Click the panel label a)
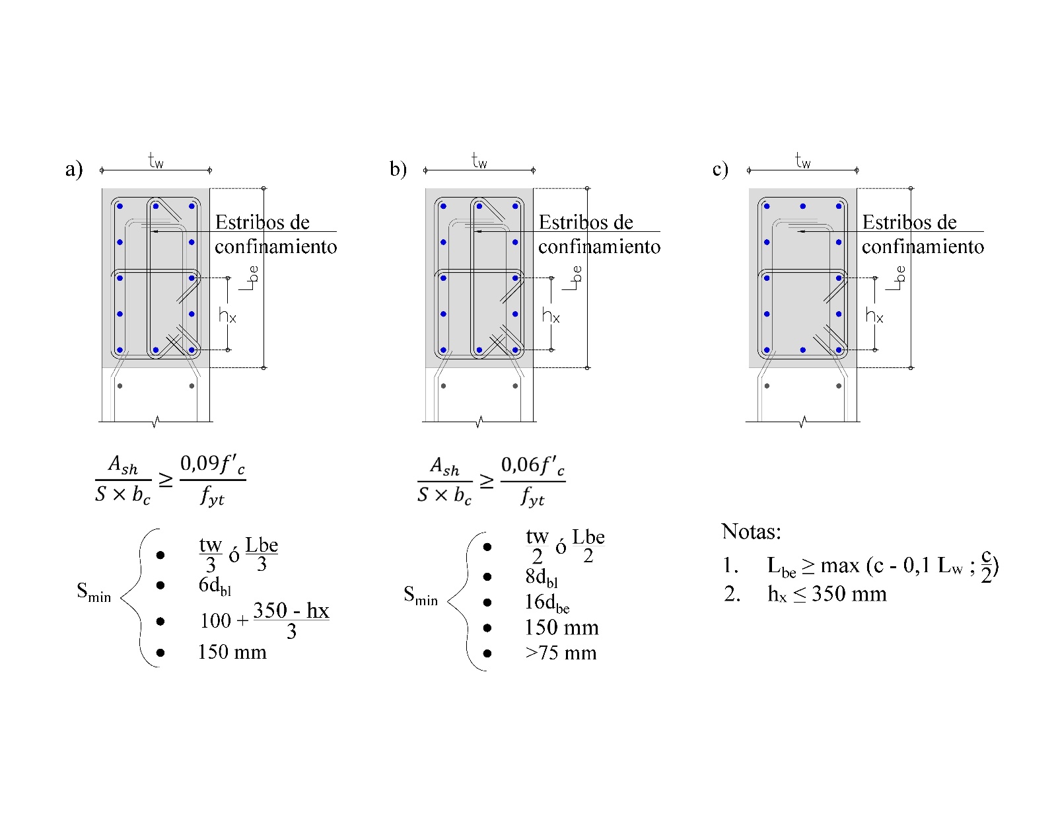tap(73, 170)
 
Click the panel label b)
tap(398, 170)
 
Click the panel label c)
tap(720, 170)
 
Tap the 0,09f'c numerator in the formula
tap(212, 464)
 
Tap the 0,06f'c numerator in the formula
tap(532, 466)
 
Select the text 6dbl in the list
tap(215, 586)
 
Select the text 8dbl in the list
tap(542, 577)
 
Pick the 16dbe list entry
tap(547, 603)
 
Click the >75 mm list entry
tap(561, 653)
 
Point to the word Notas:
tap(751, 531)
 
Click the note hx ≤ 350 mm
tap(826, 594)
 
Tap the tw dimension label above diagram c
tap(802, 161)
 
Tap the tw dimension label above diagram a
tap(155, 161)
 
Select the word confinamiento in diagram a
tap(275, 247)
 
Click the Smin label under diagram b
tap(421, 596)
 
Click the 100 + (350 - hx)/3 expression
tap(264, 620)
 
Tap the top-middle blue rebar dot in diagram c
tap(802, 206)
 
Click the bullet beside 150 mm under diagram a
tap(160, 653)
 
